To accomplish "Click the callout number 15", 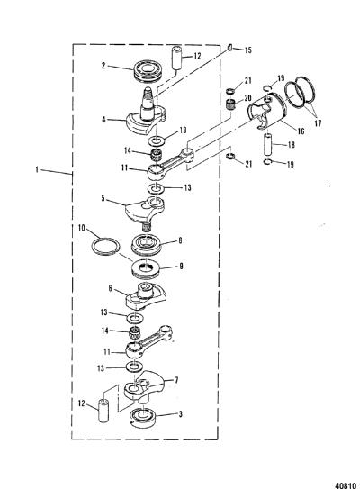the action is point(247,50).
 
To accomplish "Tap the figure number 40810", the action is point(346,485).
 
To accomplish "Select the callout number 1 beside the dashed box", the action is point(37,170).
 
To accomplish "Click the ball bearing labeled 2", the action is point(148,72).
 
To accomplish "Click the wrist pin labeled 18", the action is point(268,144).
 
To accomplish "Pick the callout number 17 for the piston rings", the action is point(318,123).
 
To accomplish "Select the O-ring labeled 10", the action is point(105,246).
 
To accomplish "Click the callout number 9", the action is point(181,266).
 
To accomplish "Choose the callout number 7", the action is point(176,380).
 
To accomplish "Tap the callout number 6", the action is point(111,288).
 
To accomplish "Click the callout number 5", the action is point(103,198).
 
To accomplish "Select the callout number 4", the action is point(103,119).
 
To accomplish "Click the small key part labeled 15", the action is point(229,48).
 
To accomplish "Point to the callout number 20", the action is point(247,98).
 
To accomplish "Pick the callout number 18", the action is point(291,145).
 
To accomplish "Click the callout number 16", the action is point(301,131).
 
